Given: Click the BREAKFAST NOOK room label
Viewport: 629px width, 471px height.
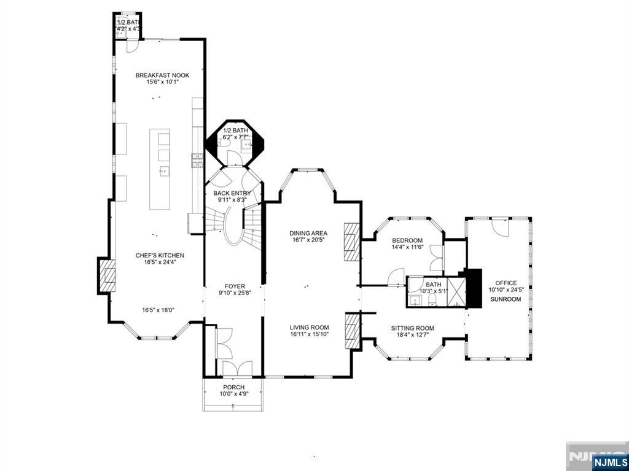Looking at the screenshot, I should [162, 75].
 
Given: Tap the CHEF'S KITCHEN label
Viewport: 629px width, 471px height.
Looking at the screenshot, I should [160, 255].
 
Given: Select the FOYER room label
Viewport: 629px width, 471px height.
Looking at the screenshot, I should [235, 286].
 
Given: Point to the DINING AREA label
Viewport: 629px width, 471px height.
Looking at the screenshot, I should [308, 233].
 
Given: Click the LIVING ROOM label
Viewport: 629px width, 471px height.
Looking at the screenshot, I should [310, 327].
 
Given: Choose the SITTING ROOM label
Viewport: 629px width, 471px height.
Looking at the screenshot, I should [412, 328].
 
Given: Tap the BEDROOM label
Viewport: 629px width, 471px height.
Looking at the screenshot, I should [407, 240].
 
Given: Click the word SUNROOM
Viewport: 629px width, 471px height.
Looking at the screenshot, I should [506, 299].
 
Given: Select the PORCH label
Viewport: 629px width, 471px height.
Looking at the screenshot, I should [233, 387].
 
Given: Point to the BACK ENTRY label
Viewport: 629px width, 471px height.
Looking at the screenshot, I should [232, 193].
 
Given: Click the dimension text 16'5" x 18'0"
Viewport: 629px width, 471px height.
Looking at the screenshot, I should [158, 310].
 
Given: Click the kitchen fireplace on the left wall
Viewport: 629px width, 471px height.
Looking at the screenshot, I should [106, 276].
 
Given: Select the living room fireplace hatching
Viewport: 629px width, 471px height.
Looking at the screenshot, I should [352, 331].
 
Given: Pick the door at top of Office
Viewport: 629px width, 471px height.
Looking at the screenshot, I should [500, 228].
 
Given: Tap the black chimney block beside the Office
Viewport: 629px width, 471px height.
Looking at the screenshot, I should [473, 288].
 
